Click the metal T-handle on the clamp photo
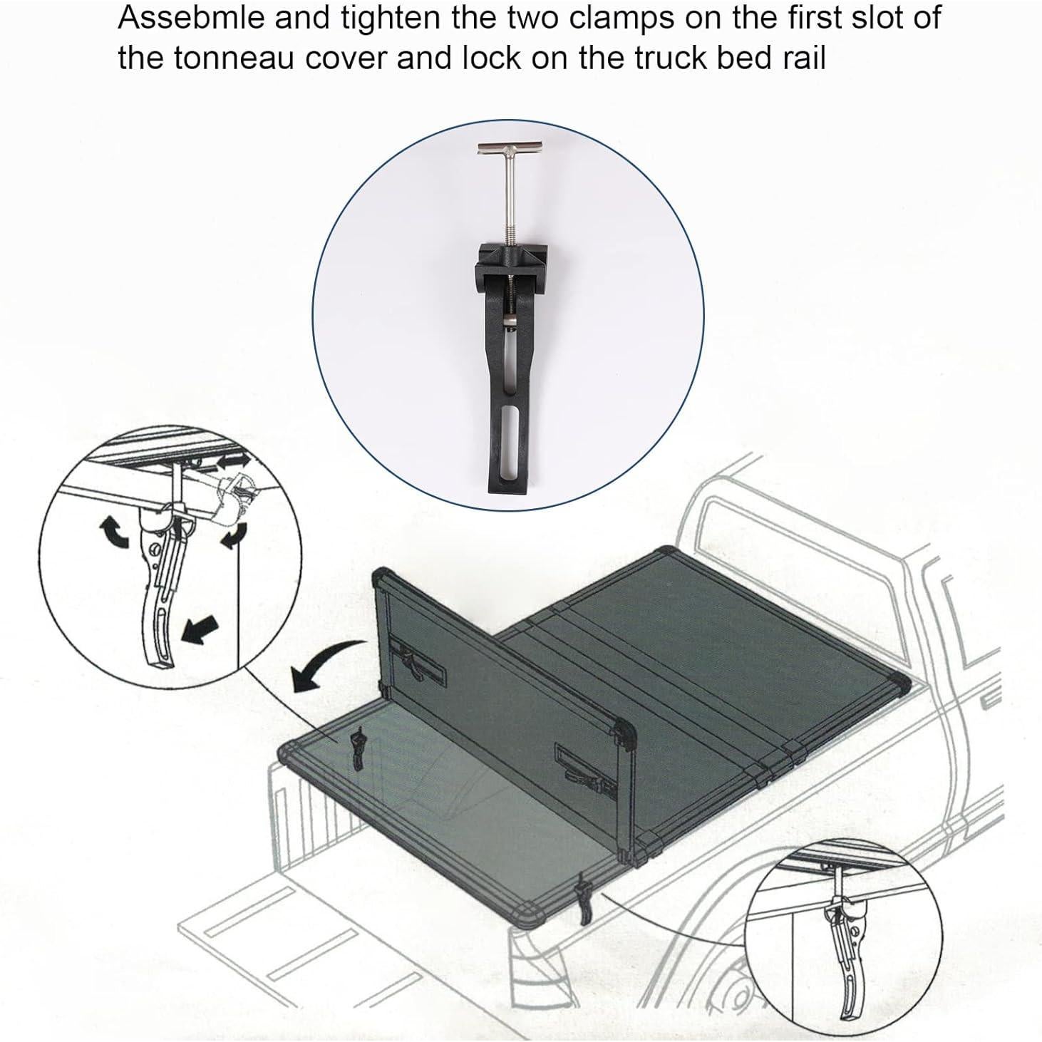coord(510,152)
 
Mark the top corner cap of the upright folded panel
coord(383,576)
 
